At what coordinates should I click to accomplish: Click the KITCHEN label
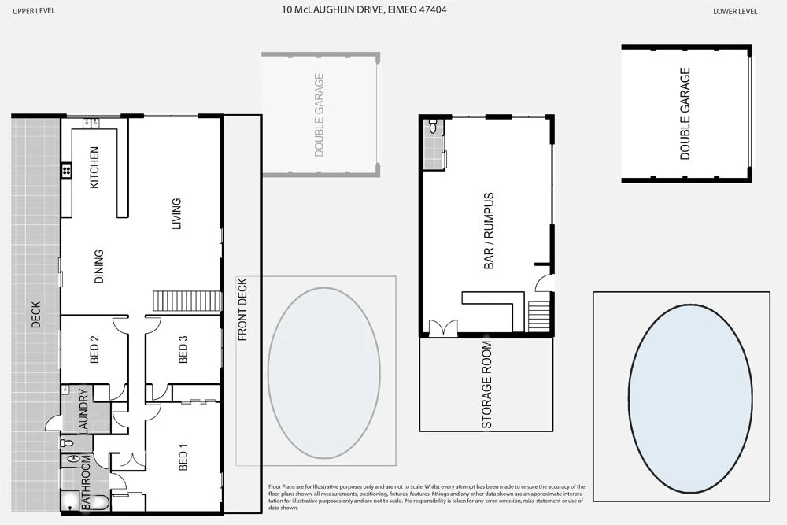94,167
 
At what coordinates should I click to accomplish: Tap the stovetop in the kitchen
67,169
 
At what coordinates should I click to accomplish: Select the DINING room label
98,266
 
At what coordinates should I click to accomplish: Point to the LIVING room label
176,213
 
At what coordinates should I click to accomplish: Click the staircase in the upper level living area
187,301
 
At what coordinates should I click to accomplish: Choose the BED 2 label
94,349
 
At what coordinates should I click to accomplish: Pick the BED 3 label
183,349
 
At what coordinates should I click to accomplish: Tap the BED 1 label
183,457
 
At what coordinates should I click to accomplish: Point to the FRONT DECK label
242,309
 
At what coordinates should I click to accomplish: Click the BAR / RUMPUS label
489,231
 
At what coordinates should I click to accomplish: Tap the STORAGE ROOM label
487,385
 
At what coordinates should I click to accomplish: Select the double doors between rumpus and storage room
442,327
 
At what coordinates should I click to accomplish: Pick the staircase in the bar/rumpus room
539,316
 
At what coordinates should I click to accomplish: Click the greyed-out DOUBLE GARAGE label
320,115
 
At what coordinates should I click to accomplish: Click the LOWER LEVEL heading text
735,11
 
